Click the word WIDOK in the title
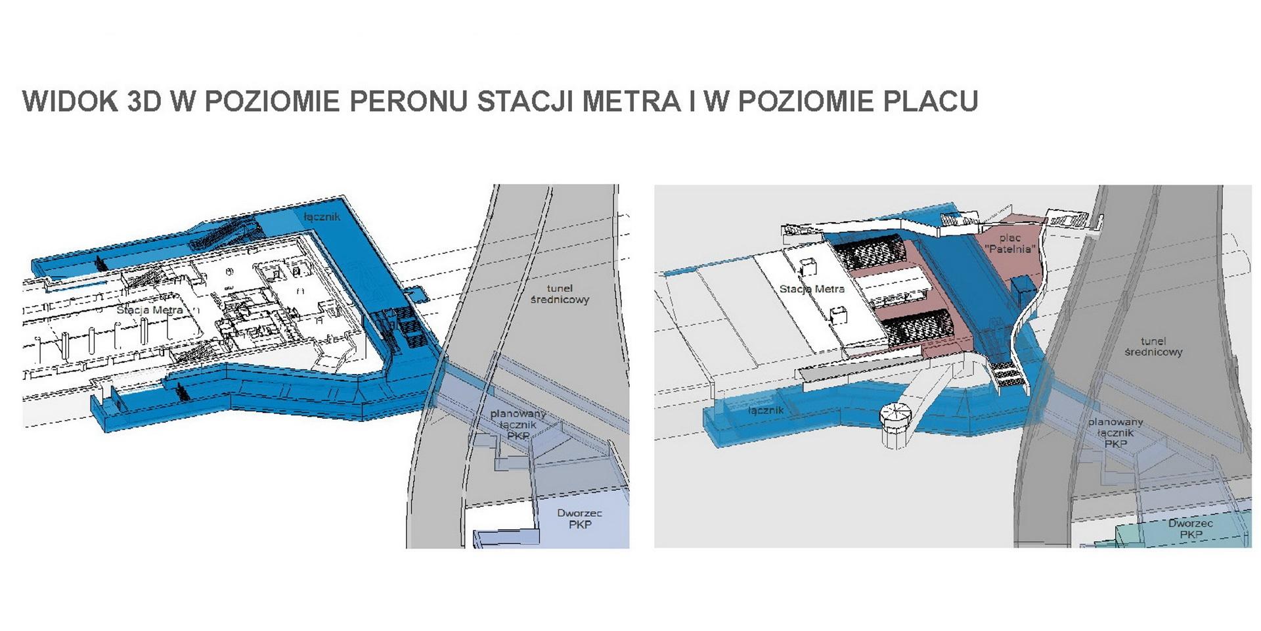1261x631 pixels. (x=66, y=101)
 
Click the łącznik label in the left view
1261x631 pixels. (x=322, y=216)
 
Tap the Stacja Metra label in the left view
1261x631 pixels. (x=150, y=310)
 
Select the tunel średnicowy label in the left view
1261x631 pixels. (x=560, y=294)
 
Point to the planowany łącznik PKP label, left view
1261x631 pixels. (x=518, y=425)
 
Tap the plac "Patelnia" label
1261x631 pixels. (x=1010, y=243)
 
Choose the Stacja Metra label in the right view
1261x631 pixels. (x=812, y=289)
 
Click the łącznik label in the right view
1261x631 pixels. (x=766, y=410)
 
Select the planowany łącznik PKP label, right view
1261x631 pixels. (x=1116, y=432)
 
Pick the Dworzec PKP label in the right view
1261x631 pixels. (x=1191, y=529)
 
